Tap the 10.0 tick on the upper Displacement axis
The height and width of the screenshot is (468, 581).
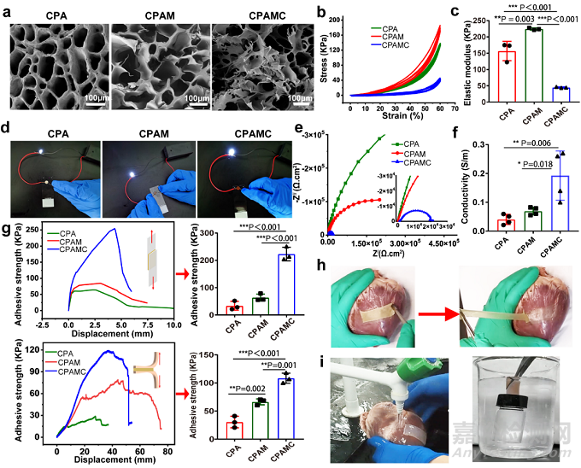click(x=173, y=325)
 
